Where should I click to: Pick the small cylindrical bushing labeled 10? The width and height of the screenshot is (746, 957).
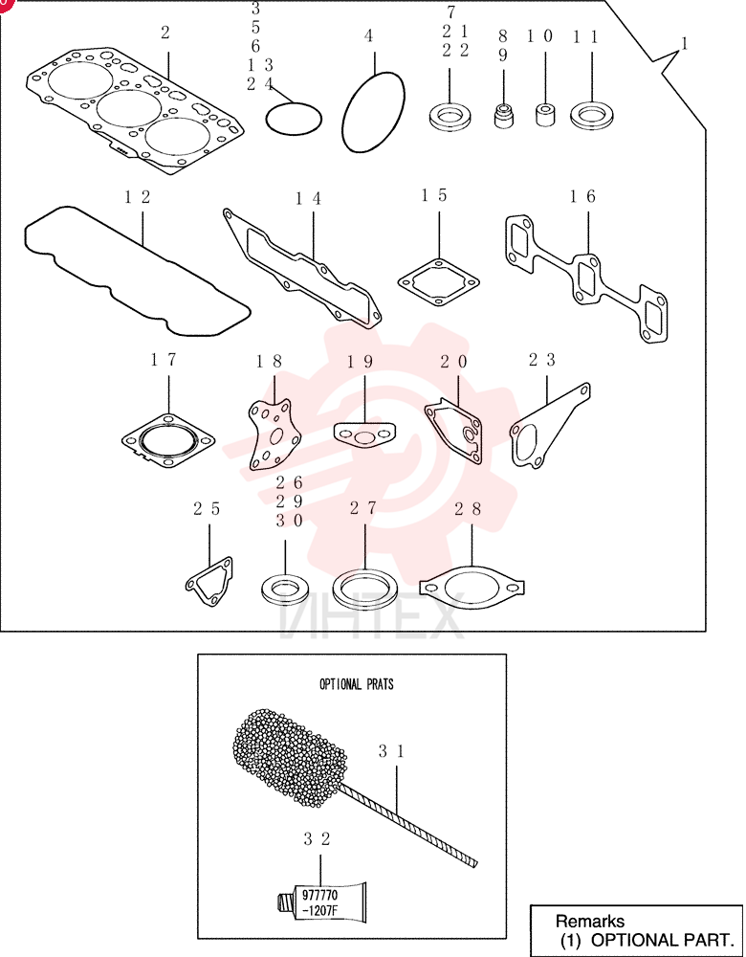coord(545,115)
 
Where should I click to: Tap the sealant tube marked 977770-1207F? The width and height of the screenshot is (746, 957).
coord(323,901)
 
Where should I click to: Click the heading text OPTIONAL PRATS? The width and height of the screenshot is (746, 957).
coord(357,684)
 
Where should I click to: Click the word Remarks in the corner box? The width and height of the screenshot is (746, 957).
coord(590,921)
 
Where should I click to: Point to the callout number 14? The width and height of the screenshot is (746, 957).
coord(308,198)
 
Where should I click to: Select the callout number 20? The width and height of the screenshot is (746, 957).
coord(454,362)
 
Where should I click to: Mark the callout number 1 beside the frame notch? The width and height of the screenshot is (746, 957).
coord(685,44)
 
